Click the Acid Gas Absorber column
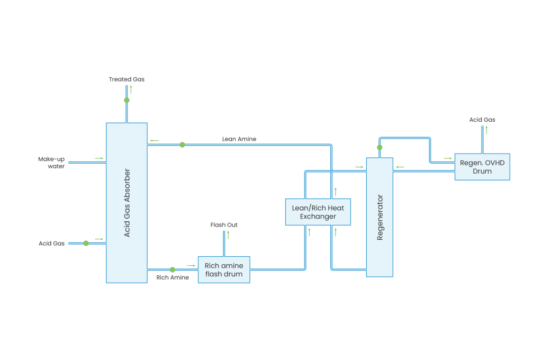(x=127, y=203)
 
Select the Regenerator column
(x=380, y=217)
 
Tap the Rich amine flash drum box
(x=224, y=269)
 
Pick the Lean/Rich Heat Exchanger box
(x=318, y=212)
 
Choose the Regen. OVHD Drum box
(x=482, y=167)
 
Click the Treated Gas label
(x=127, y=79)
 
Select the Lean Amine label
(x=239, y=139)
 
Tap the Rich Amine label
(x=173, y=277)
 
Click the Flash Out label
(x=224, y=225)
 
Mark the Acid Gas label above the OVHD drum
(x=482, y=120)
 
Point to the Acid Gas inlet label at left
(x=51, y=244)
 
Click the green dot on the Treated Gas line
(x=127, y=100)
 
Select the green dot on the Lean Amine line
(x=182, y=145)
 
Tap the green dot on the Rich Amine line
(x=173, y=269)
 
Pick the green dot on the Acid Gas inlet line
(x=86, y=243)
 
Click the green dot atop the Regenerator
(x=380, y=147)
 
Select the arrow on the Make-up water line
(x=99, y=158)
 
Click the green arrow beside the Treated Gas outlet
(x=131, y=89)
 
